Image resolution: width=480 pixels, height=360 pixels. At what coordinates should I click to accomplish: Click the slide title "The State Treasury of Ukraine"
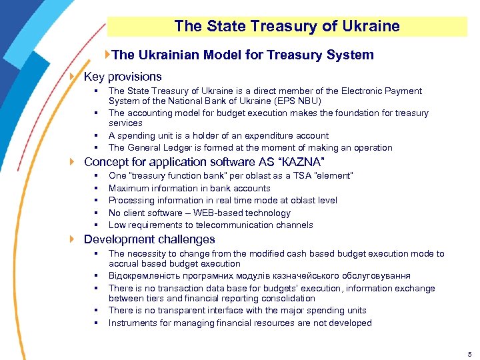pos(287,27)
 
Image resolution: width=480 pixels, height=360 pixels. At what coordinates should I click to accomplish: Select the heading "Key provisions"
pos(123,77)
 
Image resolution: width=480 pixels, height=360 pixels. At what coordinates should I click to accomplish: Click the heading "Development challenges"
pos(149,239)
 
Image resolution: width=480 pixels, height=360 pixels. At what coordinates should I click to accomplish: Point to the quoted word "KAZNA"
pos(301,162)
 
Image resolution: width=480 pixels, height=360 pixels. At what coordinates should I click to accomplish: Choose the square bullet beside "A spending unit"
pos(97,135)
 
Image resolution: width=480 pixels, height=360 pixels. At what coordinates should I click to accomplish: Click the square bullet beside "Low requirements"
pos(97,225)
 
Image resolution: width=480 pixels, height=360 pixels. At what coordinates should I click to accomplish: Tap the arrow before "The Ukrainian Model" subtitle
pos(108,55)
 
